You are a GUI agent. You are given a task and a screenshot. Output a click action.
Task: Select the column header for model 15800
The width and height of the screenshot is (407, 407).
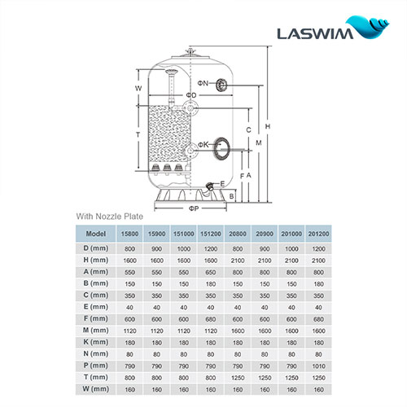pyautogui.click(x=129, y=234)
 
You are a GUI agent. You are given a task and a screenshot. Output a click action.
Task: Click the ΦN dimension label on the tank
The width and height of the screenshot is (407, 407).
pyautogui.click(x=203, y=84)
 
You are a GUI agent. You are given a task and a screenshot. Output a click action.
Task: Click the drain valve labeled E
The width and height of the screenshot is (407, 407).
pyautogui.click(x=215, y=186)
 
